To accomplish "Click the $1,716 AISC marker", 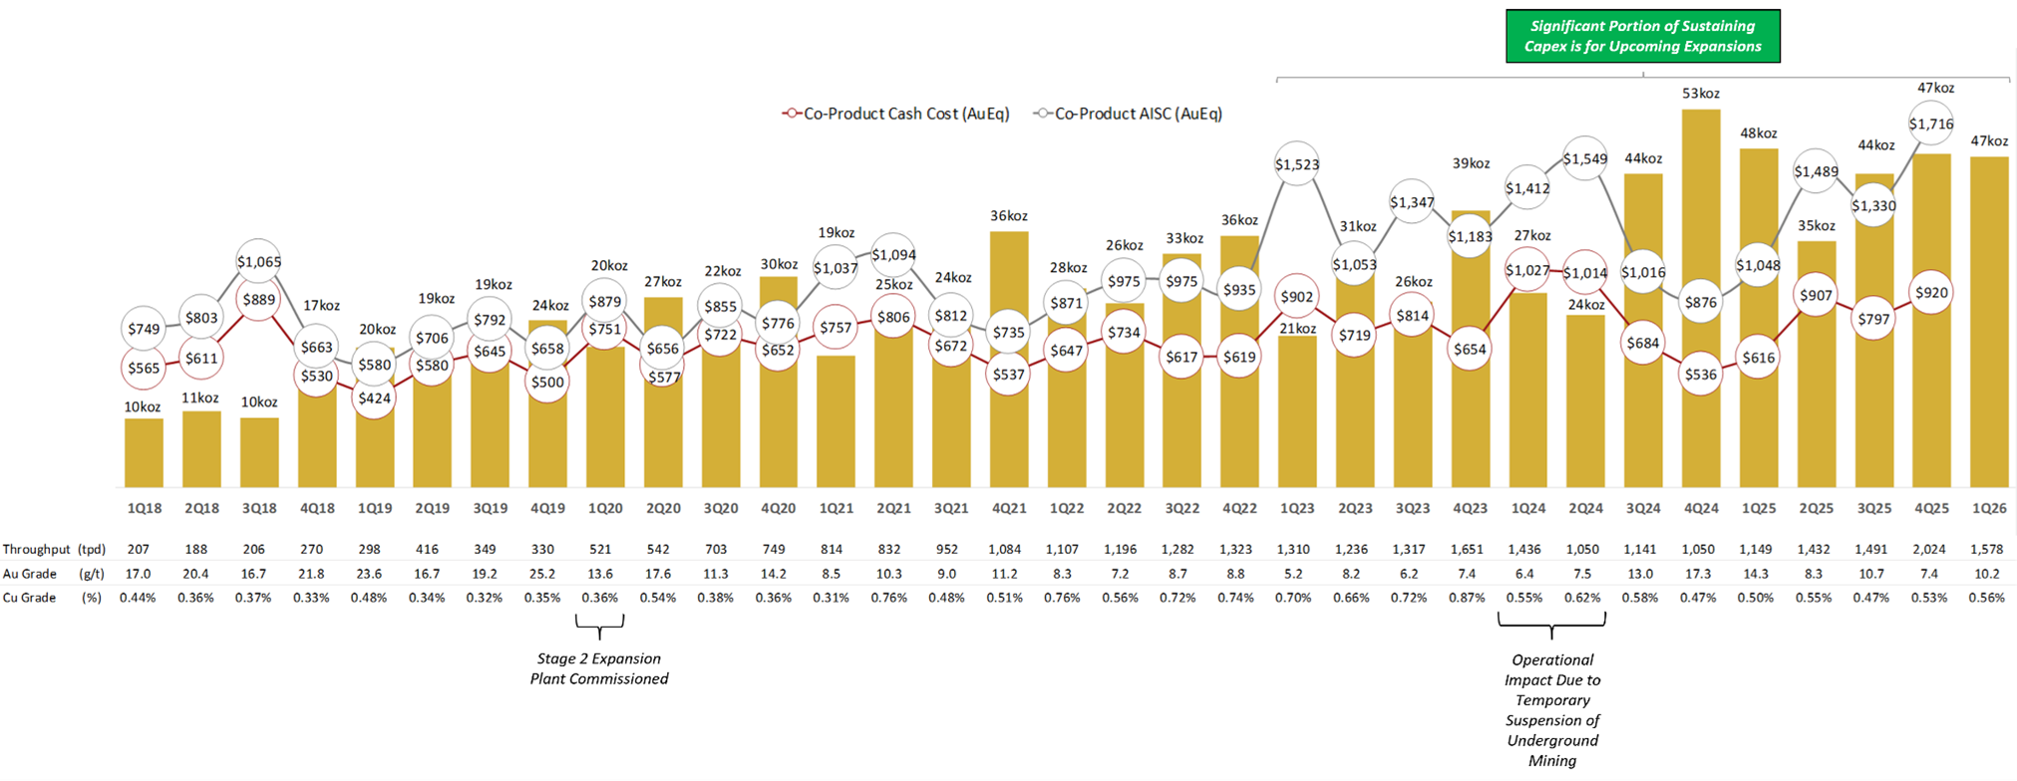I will click(x=1931, y=125).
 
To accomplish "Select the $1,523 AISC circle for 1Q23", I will click(x=1297, y=164).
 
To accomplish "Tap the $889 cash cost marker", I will click(x=259, y=299).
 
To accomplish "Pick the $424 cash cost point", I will click(x=375, y=398).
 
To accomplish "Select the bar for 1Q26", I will click(x=1989, y=319).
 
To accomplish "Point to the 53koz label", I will click(x=1701, y=94).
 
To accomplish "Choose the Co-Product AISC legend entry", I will click(x=1130, y=114).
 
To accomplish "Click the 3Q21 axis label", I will click(x=951, y=508).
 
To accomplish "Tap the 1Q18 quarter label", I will click(x=145, y=508).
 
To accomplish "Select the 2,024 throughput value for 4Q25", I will click(x=1931, y=549).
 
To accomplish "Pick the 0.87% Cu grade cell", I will click(x=1467, y=598).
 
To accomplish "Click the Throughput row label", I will click(x=37, y=549).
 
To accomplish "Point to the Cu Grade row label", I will click(x=29, y=598).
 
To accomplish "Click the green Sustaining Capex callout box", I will click(x=1642, y=36).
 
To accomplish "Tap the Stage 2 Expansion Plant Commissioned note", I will click(x=599, y=668).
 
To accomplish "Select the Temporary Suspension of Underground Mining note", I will click(x=1552, y=709).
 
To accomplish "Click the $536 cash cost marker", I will click(x=1701, y=375).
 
